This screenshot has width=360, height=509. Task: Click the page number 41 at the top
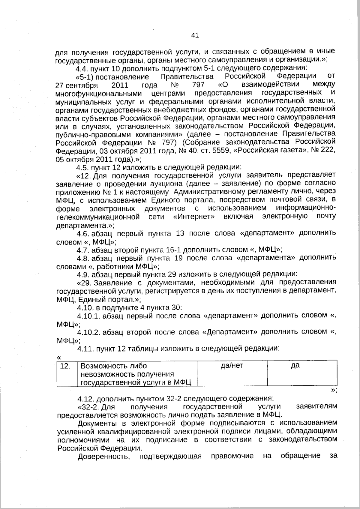point(195,36)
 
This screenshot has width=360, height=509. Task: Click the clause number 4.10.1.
point(88,316)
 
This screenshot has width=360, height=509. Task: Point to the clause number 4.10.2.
point(88,332)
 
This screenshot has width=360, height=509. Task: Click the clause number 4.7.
point(83,250)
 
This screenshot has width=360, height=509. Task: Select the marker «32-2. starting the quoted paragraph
point(89,407)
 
